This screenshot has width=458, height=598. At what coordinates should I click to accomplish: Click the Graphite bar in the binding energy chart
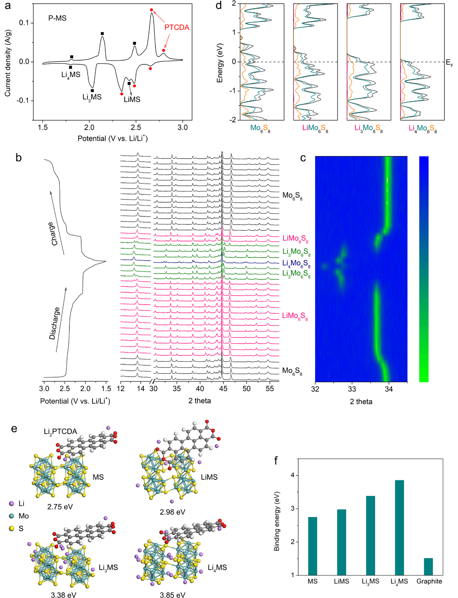428,566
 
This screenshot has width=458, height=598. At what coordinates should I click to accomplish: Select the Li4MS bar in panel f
399,527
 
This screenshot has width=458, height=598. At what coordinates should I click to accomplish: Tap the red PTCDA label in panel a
177,27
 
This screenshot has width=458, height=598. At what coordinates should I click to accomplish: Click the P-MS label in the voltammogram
57,18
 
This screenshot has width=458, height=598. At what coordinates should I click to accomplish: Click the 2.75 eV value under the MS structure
60,507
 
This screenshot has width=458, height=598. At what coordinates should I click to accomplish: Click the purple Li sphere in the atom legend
11,504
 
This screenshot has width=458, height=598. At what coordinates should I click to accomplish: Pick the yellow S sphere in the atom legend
11,528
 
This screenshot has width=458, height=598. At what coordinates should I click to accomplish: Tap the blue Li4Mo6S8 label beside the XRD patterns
296,264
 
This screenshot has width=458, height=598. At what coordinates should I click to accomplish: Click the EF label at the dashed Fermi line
449,63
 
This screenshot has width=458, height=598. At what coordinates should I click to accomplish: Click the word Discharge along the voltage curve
55,323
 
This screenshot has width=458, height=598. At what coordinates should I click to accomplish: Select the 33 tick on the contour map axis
352,390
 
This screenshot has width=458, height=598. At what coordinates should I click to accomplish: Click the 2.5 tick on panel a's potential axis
136,127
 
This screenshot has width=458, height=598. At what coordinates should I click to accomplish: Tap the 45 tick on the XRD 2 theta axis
223,389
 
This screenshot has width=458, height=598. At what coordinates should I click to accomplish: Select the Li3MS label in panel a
92,97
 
